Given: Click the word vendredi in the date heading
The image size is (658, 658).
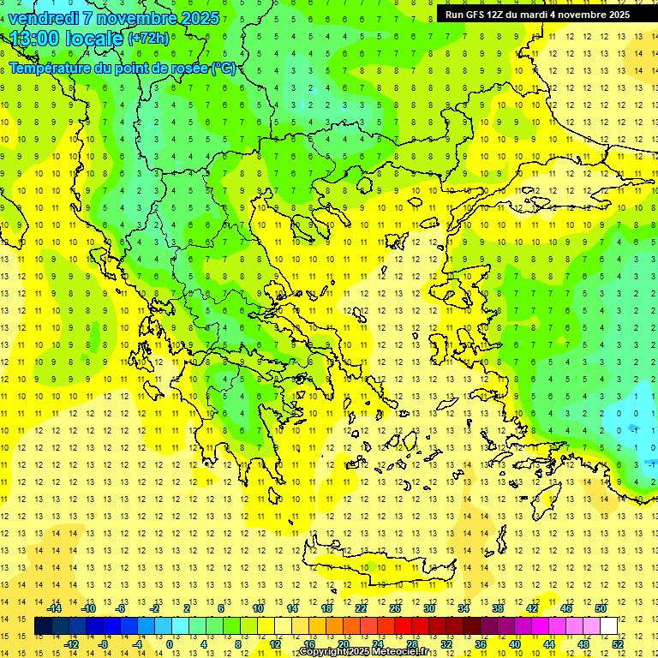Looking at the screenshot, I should point(44,18).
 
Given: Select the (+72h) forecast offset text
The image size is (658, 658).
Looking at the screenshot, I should point(148,39).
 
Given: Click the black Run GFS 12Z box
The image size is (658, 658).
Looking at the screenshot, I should point(537,15).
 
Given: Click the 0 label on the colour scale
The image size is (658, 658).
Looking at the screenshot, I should point(169,644).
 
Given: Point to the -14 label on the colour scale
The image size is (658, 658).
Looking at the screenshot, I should point(54,608).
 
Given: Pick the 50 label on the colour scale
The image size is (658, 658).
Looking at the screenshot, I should point(601,608).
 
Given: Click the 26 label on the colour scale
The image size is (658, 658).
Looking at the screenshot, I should point(395,608).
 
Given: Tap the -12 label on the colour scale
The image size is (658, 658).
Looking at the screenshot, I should point(72,644).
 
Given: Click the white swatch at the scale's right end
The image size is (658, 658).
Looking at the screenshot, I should point(608,626).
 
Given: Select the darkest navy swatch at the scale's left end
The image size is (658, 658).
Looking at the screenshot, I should point(43,626).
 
